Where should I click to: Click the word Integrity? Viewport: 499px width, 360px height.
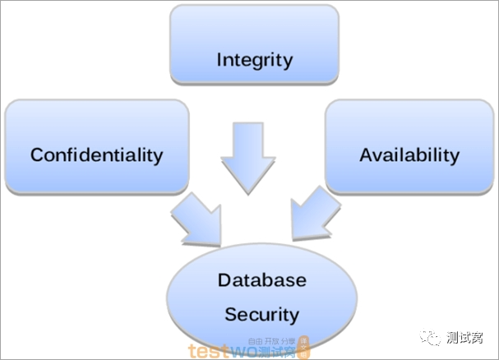pyautogui.click(x=255, y=60)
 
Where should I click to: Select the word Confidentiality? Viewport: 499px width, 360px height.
pyautogui.click(x=97, y=155)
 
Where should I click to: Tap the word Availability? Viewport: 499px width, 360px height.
pyautogui.click(x=409, y=155)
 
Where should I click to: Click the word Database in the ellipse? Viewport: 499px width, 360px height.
pyautogui.click(x=261, y=279)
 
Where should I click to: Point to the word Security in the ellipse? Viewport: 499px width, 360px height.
pyautogui.click(x=261, y=314)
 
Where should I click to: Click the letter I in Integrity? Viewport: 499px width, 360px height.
pyautogui.click(x=219, y=60)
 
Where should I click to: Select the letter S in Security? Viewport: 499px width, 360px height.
pyautogui.click(x=230, y=314)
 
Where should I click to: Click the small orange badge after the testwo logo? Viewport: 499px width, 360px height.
pyautogui.click(x=303, y=348)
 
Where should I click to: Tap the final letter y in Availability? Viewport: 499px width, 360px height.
pyautogui.click(x=455, y=156)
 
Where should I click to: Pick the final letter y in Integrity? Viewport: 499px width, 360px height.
pyautogui.click(x=289, y=62)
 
